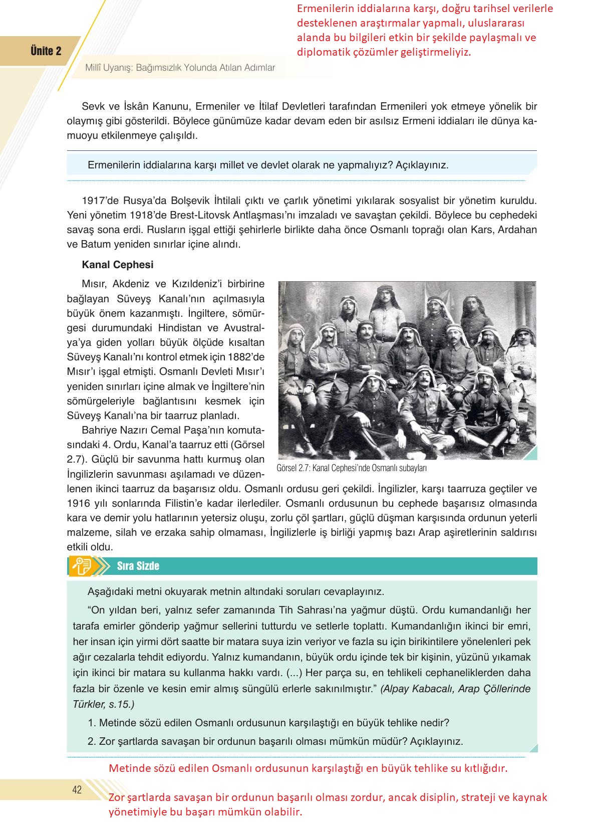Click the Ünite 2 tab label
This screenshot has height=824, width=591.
coord(46,51)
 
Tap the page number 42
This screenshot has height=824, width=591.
coord(77,790)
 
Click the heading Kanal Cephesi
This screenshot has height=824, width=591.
coord(118,265)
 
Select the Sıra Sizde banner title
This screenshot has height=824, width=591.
coord(138,566)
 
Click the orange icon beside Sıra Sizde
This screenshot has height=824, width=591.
coord(82,566)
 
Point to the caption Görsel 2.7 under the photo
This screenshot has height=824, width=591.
coord(351,468)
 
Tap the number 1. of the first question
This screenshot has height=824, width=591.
coord(92,723)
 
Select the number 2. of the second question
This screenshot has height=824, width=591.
coord(92,741)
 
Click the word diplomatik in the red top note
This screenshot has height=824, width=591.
coord(323,52)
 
